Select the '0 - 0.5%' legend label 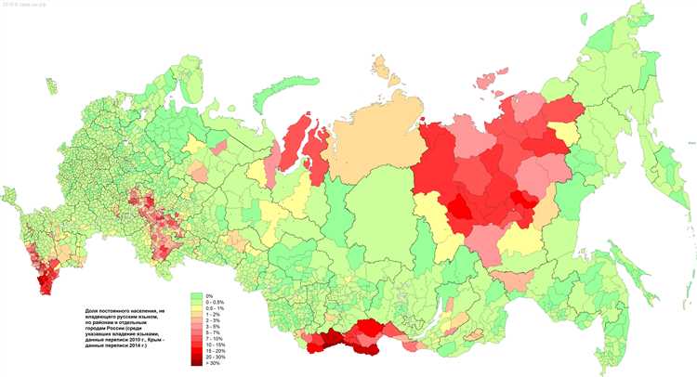point(215,302)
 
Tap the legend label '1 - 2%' point(213,314)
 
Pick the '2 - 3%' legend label point(213,320)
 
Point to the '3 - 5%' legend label point(213,326)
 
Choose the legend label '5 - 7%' point(213,332)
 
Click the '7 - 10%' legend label point(214,338)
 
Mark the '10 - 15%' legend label point(216,344)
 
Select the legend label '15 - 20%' point(216,351)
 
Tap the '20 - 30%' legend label point(216,357)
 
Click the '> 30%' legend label point(213,363)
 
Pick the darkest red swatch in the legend point(197,363)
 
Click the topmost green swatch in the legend point(197,296)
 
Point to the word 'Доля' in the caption point(90,311)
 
